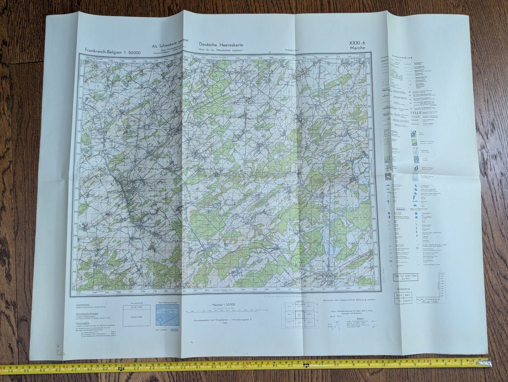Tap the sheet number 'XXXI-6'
pos(357,43)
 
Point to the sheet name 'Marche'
pos(357,48)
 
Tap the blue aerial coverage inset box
pos(168,315)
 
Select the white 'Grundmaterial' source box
pos(136,315)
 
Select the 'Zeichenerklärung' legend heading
pos(403,56)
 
